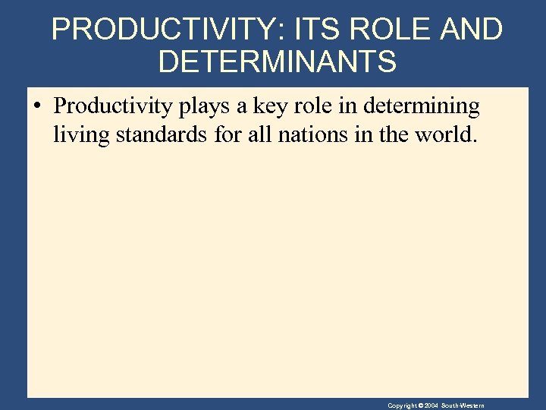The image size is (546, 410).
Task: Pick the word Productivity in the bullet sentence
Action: pos(114,107)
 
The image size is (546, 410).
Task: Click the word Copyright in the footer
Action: pos(403,405)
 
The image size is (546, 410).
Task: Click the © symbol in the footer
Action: pos(422,405)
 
